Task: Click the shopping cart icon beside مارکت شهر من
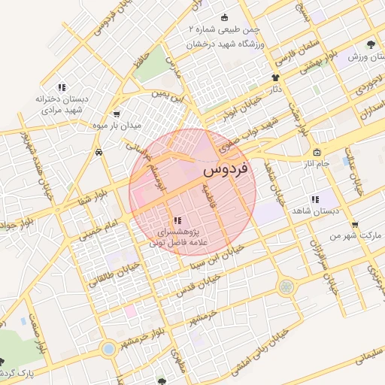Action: point(354,224)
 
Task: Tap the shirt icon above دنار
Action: point(275,77)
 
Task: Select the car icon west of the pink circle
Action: point(99,152)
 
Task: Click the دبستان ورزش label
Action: point(366,57)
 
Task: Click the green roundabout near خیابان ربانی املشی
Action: point(286,286)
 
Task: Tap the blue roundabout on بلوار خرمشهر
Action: point(110,349)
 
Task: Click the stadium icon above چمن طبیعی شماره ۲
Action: point(223,18)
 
